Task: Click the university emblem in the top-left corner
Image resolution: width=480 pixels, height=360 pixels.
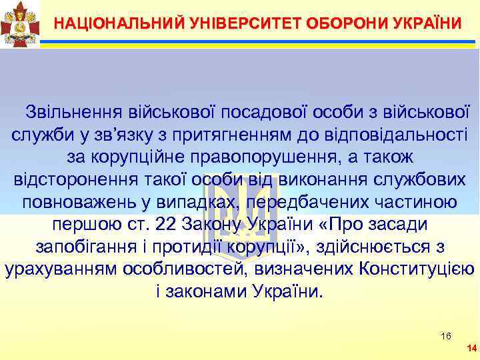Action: click(20, 25)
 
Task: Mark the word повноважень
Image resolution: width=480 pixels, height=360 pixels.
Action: click(78, 202)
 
